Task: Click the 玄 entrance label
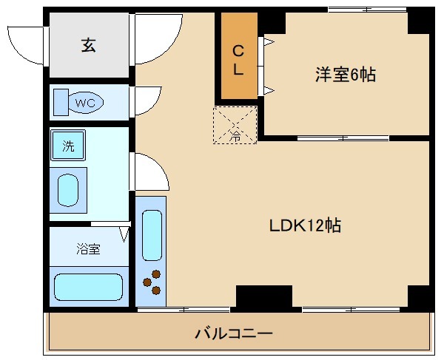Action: tap(87, 45)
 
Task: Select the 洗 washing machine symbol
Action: tap(68, 146)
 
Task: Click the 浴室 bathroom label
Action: tap(87, 248)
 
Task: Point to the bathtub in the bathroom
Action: tap(88, 286)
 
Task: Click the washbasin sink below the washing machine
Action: tap(68, 190)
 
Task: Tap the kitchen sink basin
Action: tap(151, 235)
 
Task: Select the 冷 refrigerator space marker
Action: tap(235, 125)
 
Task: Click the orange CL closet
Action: tap(238, 59)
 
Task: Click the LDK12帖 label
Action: tap(305, 226)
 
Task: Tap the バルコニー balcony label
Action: tap(234, 333)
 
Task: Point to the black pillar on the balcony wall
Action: tap(263, 298)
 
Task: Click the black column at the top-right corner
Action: tap(420, 21)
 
